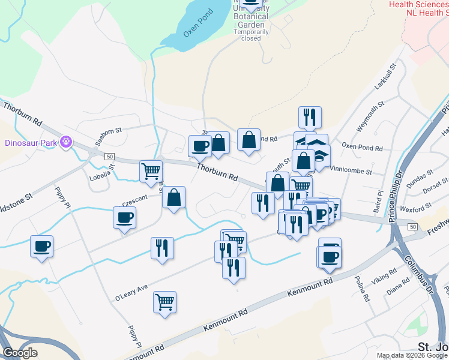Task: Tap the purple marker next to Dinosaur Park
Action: [66, 143]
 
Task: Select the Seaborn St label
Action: [109, 130]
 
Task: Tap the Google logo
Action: [19, 353]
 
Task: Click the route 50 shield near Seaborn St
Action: [109, 156]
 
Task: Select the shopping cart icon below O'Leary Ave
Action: [164, 302]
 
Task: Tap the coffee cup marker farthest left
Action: [42, 246]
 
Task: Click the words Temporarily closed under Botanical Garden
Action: [251, 35]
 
